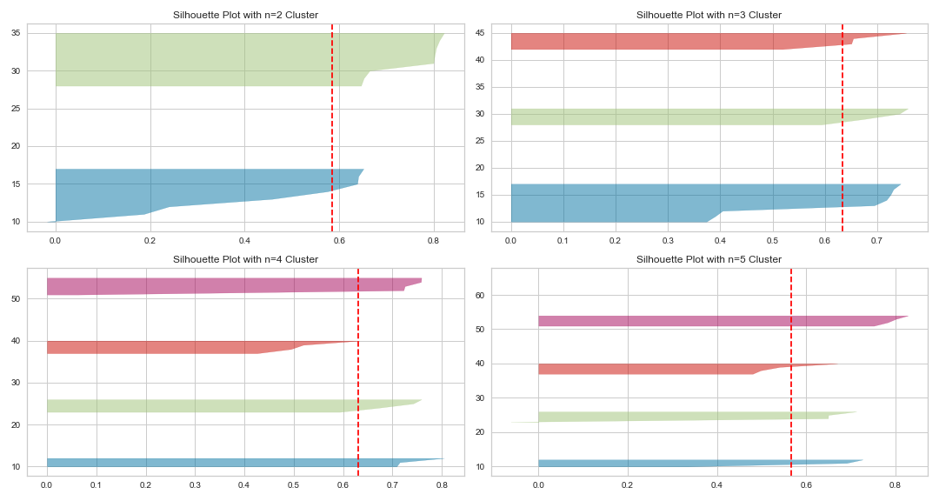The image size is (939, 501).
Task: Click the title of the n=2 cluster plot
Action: tap(245, 15)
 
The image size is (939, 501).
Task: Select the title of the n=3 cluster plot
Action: tap(709, 15)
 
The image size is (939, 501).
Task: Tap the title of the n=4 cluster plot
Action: tap(245, 259)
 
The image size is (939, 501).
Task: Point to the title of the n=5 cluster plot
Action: tap(709, 259)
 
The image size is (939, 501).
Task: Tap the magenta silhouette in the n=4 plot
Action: tap(217, 286)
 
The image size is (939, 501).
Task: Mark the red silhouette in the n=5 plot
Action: tap(643, 370)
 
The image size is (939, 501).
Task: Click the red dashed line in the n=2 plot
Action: tap(332, 122)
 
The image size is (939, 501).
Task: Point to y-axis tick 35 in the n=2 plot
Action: tap(17, 33)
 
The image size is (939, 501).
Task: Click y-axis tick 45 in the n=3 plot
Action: tap(480, 34)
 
